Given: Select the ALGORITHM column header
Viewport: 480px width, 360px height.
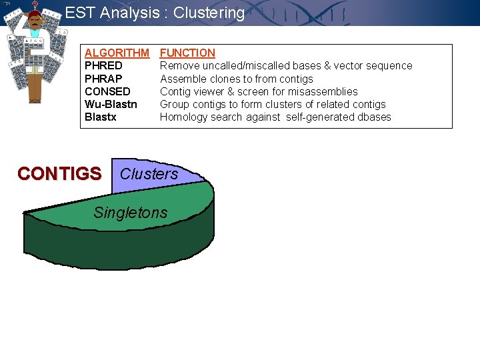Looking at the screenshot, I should point(117,53).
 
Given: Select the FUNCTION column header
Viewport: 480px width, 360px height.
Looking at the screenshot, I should point(187,53).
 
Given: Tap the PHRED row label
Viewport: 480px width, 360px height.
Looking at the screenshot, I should point(103,65).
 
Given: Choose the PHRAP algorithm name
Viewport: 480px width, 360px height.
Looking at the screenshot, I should point(103,79).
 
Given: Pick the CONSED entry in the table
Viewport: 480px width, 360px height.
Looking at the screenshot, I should point(107,91).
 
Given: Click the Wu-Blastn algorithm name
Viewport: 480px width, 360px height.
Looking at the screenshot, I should point(111,104).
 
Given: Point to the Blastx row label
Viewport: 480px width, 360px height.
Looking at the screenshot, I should point(101,117).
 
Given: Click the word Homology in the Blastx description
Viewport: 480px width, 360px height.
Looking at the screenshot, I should point(182,117).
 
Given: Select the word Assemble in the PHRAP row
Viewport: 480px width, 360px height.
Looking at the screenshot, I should point(182,79).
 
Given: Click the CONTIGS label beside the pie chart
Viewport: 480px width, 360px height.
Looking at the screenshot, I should point(59,174).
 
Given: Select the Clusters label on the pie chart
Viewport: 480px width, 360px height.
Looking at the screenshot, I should point(149,174).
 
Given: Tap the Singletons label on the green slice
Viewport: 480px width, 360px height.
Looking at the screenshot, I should point(131,213).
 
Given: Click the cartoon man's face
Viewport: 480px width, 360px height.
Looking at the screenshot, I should point(34,24).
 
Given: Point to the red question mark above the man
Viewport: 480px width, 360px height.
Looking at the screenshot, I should point(35,5).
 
